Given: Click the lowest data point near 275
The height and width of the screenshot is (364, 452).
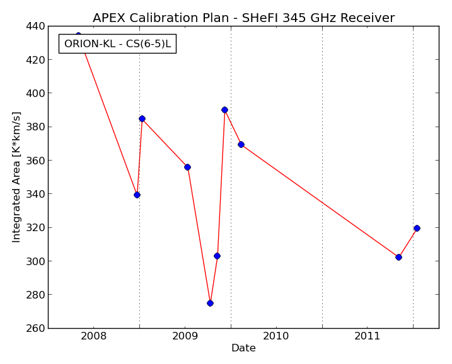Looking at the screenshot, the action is pyautogui.click(x=210, y=304).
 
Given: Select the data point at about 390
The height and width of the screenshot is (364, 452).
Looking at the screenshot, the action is pyautogui.click(x=224, y=110).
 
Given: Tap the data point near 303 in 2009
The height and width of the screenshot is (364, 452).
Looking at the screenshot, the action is pyautogui.click(x=217, y=256).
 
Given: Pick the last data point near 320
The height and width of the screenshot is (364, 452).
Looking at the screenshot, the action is pyautogui.click(x=417, y=229).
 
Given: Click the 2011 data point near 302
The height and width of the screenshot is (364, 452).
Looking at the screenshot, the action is pyautogui.click(x=398, y=257).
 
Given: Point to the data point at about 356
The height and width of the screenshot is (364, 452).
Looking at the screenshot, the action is pyautogui.click(x=187, y=168).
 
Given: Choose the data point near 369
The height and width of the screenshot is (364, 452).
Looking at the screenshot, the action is pyautogui.click(x=241, y=145).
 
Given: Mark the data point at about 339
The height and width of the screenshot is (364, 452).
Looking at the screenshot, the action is pyautogui.click(x=137, y=195).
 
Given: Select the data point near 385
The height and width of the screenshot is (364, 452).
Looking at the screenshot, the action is pyautogui.click(x=142, y=118).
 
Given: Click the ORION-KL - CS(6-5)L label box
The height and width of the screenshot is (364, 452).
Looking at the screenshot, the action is pyautogui.click(x=117, y=44).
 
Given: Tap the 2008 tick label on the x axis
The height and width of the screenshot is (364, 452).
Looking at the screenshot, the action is pyautogui.click(x=93, y=336).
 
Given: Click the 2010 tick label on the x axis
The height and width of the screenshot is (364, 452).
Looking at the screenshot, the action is pyautogui.click(x=276, y=336).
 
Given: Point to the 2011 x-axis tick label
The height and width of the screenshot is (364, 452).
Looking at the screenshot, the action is pyautogui.click(x=367, y=336).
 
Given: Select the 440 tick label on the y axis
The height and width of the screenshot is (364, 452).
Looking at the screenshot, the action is pyautogui.click(x=35, y=26).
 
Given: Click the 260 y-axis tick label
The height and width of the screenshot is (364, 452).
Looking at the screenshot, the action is pyautogui.click(x=35, y=328).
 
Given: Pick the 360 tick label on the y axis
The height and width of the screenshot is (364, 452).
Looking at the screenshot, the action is pyautogui.click(x=35, y=161).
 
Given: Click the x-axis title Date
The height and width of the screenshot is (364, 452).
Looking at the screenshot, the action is pyautogui.click(x=243, y=348).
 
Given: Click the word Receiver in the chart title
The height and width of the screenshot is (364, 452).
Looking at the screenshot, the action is pyautogui.click(x=368, y=18).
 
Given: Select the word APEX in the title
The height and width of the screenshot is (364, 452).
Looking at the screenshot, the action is pyautogui.click(x=108, y=18).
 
